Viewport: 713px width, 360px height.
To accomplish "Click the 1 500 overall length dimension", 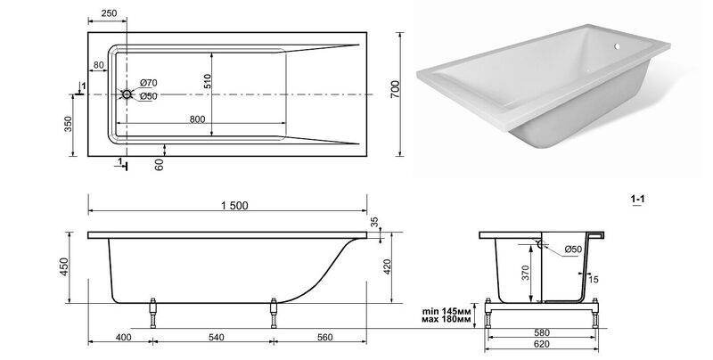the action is (x=234, y=206).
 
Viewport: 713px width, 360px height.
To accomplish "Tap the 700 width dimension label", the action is (x=395, y=89).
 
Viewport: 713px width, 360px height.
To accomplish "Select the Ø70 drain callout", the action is (x=148, y=83).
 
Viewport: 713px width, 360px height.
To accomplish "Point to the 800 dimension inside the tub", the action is (x=197, y=119).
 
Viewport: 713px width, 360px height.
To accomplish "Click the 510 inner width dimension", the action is (x=208, y=81).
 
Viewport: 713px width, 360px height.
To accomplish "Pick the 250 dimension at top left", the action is (x=109, y=13).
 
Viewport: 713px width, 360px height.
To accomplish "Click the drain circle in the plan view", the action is (x=127, y=94).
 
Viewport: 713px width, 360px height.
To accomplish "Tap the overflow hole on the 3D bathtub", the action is (x=617, y=46).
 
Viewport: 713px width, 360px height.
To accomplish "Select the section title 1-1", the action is (x=637, y=199).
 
